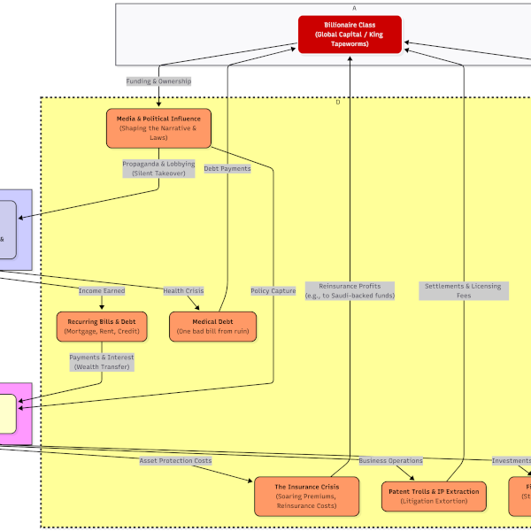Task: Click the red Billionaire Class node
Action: coord(350,35)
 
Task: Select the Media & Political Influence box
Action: coord(159,128)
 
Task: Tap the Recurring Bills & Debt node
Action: coord(102,327)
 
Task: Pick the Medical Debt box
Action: coord(212,327)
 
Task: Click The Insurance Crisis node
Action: coord(307,496)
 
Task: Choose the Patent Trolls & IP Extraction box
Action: coord(433,496)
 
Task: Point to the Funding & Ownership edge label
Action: coord(158,81)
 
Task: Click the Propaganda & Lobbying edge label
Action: coord(158,168)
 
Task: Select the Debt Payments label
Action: coord(227,168)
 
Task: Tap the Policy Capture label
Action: coord(273,290)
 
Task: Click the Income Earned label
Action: coord(102,290)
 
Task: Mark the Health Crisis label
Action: coord(183,290)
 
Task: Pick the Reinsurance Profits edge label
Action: coord(350,290)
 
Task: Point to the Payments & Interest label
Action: coord(102,362)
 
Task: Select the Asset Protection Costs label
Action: coord(175,460)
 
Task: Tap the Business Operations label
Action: coord(390,460)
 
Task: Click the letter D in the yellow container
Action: coord(337,103)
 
